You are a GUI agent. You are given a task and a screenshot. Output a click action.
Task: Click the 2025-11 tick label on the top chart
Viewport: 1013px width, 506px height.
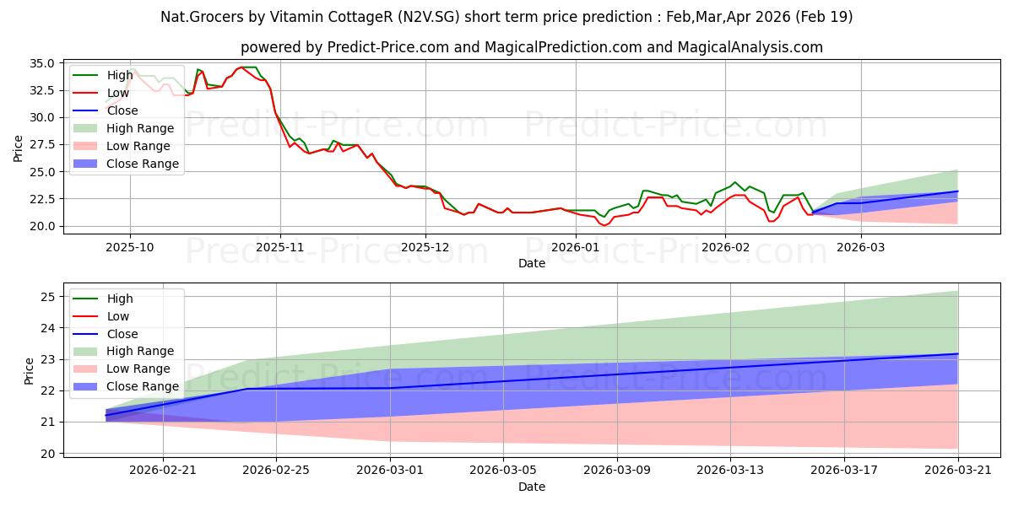coord(280,248)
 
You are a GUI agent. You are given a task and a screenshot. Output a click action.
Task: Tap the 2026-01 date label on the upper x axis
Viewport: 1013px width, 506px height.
coord(575,248)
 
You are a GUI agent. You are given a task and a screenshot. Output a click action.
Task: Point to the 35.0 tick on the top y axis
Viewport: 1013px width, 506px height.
coord(42,63)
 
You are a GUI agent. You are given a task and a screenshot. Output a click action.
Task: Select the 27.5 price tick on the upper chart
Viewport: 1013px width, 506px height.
coord(42,144)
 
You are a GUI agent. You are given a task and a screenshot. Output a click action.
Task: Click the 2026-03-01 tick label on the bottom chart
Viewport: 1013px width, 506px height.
coord(390,471)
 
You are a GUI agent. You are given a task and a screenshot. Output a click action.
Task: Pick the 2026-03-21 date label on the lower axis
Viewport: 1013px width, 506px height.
coord(958,471)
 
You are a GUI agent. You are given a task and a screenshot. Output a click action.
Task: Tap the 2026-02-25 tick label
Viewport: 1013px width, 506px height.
coord(276,471)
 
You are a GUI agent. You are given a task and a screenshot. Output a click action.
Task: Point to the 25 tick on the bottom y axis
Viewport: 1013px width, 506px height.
coord(48,297)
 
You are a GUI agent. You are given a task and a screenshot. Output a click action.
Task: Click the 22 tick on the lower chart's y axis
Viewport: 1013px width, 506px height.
coord(48,390)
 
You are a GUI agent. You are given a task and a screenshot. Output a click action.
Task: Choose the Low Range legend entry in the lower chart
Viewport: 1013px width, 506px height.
coord(122,369)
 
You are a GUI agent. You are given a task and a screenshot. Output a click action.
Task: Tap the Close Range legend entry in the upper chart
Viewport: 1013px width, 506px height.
coord(126,164)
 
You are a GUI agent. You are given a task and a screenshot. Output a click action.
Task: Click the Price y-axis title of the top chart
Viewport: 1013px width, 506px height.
coord(18,148)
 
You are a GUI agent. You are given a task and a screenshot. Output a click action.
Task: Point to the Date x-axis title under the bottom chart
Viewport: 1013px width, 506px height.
coord(532,487)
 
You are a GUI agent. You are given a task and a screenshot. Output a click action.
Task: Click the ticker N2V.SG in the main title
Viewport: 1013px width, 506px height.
coord(429,17)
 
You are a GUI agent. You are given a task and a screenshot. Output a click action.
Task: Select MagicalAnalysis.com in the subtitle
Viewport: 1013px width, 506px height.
coord(750,47)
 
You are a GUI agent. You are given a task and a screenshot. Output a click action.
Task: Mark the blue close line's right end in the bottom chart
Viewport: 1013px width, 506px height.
coord(958,353)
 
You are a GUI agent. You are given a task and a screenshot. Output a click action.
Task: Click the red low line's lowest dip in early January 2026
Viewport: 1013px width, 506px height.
coord(604,225)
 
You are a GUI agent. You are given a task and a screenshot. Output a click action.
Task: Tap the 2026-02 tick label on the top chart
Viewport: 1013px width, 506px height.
coord(725,248)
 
